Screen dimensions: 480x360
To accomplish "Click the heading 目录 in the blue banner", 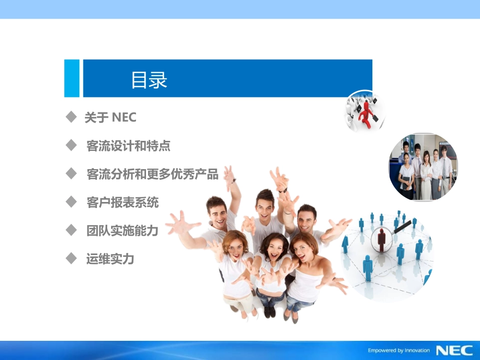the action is tap(149, 80).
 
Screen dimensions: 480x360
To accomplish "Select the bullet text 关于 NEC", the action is tap(110, 118).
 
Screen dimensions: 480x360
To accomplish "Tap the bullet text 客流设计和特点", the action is tap(128, 146).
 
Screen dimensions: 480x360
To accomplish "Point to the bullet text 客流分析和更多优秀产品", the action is tap(153, 174).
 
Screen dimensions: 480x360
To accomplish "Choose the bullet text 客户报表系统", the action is tap(122, 202).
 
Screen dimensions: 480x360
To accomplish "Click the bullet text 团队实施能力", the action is tap(122, 231).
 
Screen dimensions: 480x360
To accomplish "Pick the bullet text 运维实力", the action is tap(110, 259).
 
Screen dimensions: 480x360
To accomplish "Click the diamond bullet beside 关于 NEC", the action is tap(71, 117).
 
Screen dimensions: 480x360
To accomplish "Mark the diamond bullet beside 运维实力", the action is tap(71, 259).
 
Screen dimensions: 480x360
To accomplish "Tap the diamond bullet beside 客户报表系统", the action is tap(71, 202).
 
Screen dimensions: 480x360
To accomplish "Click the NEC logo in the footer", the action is tap(455, 350).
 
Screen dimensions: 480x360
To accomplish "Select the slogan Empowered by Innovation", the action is tap(399, 350).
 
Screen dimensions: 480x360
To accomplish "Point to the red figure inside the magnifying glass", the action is tap(381, 240).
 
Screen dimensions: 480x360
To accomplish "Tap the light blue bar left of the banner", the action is tap(72, 78).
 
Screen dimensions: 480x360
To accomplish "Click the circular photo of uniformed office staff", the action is tap(423, 167).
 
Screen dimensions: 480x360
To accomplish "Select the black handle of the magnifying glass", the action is tap(403, 227).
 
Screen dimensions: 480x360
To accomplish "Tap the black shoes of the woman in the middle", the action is tap(270, 312).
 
